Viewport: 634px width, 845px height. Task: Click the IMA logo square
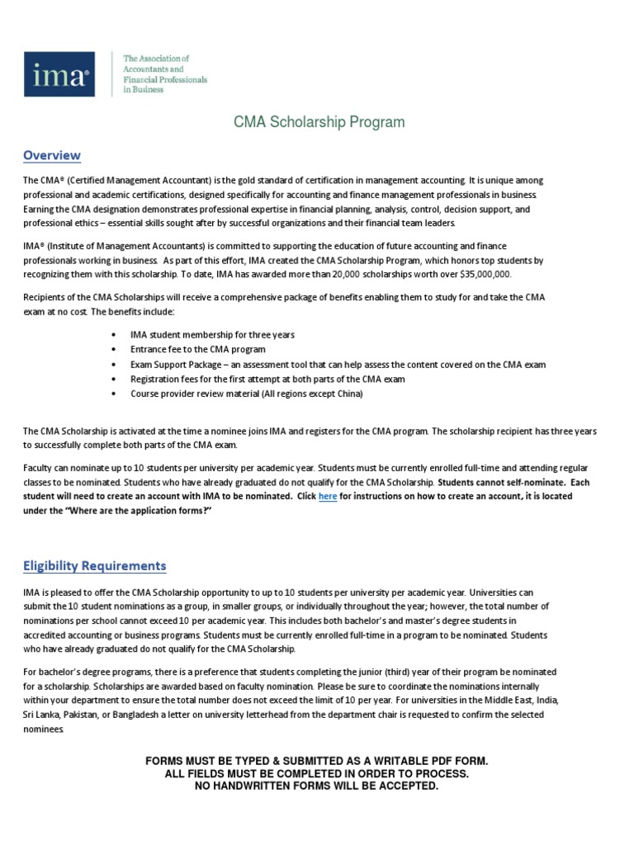pos(57,73)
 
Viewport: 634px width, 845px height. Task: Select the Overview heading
pos(52,155)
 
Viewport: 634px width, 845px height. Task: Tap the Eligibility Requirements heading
pos(94,565)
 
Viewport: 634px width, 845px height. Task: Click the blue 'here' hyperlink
pos(328,497)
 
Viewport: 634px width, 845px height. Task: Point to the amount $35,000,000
pos(477,274)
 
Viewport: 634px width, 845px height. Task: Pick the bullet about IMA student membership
pos(212,334)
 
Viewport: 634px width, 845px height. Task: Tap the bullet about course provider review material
pos(246,394)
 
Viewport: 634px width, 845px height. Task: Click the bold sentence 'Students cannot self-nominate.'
pos(506,481)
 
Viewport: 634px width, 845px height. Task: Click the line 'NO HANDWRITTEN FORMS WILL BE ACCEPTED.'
pos(317,786)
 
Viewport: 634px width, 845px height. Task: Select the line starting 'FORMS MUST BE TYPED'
pos(317,760)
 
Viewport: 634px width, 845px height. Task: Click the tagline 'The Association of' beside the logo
pos(156,59)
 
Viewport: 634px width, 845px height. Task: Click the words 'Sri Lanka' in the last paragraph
pos(43,715)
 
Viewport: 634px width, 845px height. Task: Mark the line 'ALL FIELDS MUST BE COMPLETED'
pos(317,773)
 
